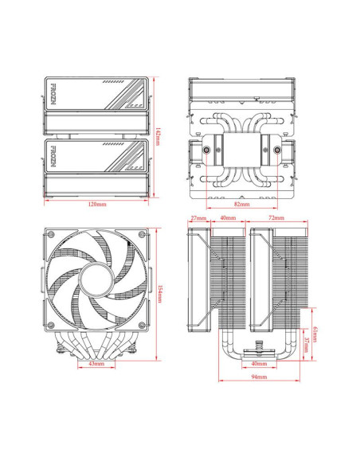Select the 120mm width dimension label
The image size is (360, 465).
(96, 205)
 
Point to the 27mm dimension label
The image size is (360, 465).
(198, 217)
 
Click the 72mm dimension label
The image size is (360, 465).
(277, 217)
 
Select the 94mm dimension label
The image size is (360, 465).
(259, 375)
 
